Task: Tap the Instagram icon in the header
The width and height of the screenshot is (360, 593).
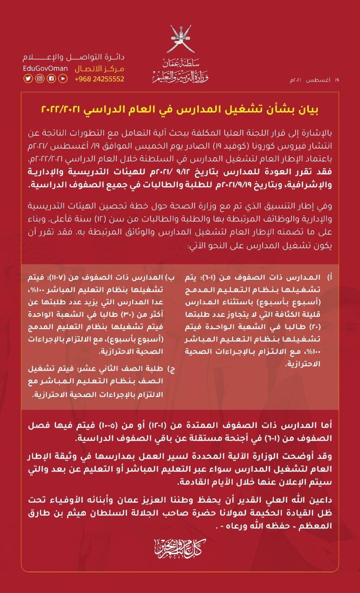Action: pos(40,79)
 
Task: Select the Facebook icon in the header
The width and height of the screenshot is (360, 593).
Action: pos(51,79)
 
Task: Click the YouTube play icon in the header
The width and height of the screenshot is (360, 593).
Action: pos(63,79)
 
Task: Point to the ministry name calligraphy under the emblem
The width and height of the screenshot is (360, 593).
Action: pos(180,72)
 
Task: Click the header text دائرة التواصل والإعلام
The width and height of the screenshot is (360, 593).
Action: pos(74,58)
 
